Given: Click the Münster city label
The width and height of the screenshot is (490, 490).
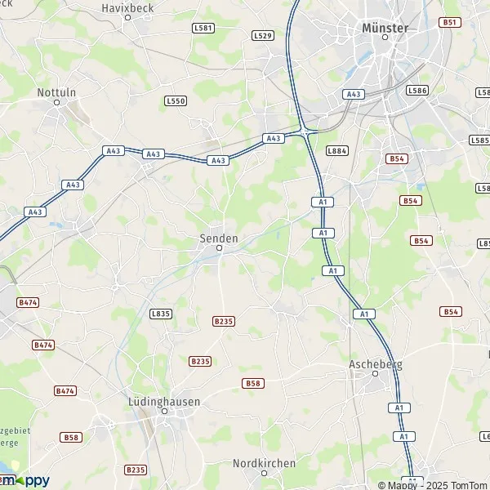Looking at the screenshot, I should [x=384, y=28].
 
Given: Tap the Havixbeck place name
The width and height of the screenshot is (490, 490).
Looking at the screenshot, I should [x=127, y=7].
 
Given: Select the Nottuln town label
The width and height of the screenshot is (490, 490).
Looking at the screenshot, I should [x=56, y=92].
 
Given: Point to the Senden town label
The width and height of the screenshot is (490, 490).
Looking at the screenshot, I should [x=219, y=238].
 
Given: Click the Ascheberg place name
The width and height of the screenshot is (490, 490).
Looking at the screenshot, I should [x=375, y=364].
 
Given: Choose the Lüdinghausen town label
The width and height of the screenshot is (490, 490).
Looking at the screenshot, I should [x=164, y=403].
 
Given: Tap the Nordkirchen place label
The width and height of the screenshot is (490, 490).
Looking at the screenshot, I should [x=263, y=462].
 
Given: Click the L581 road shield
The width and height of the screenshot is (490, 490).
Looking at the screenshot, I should [x=203, y=28].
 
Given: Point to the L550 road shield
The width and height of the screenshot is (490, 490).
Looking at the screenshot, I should [x=176, y=100].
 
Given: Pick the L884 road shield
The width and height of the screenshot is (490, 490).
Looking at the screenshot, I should [x=336, y=150].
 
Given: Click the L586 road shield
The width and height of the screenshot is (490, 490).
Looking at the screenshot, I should [x=417, y=91].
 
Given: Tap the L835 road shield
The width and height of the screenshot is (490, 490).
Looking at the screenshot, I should [x=161, y=314].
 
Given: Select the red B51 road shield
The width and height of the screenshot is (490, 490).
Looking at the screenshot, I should [x=449, y=22].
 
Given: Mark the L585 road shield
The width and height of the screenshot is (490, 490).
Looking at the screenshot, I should [x=480, y=140].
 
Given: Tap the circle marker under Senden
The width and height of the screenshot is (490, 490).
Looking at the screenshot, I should [x=219, y=248].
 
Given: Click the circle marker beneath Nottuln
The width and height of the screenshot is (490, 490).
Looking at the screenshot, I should [x=56, y=102].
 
